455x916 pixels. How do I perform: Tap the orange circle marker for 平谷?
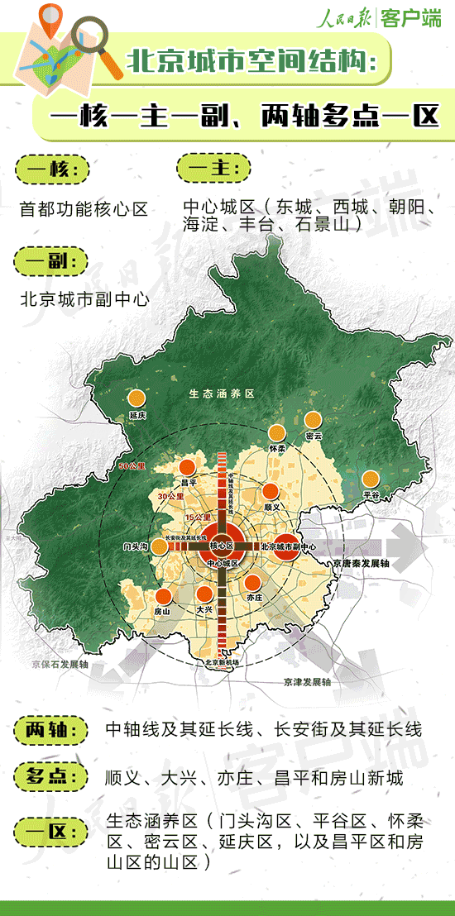click(x=371, y=478)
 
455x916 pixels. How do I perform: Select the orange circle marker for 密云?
click(x=313, y=420)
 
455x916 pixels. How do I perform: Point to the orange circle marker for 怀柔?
click(x=276, y=433)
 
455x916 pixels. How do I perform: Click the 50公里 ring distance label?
click(x=132, y=465)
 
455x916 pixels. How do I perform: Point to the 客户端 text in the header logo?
click(x=410, y=19)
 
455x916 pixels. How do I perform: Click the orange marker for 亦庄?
click(x=253, y=580)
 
